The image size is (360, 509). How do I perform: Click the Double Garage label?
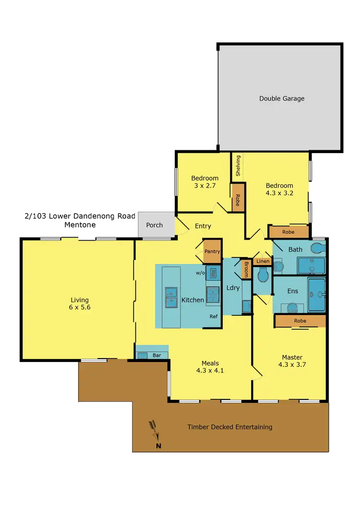(x=282, y=98)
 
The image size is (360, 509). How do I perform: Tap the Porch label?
(x=155, y=225)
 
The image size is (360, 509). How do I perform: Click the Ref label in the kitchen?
(x=214, y=316)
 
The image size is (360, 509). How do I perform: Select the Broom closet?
(x=246, y=269)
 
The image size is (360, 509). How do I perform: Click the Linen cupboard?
(x=263, y=261)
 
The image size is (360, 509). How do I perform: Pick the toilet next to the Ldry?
(x=263, y=275)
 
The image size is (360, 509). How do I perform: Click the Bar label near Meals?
(x=156, y=356)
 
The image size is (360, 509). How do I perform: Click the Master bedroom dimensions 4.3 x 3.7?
(x=292, y=364)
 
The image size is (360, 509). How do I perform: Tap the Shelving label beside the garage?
(x=238, y=166)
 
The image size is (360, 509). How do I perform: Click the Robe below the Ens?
(x=300, y=321)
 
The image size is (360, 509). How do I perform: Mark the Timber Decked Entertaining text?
(x=230, y=427)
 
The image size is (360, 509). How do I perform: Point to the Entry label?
(x=203, y=226)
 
